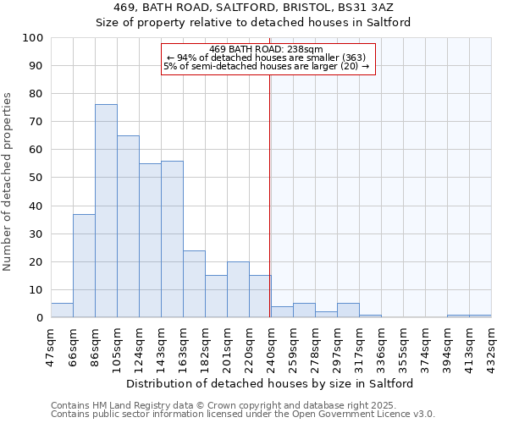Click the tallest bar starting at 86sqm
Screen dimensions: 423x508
pyautogui.click(x=106, y=211)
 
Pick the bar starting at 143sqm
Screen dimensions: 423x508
pyautogui.click(x=172, y=239)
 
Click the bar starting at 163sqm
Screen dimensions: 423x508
pyautogui.click(x=194, y=284)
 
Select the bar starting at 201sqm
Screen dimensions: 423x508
pyautogui.click(x=238, y=290)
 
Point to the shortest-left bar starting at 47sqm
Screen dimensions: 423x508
pyautogui.click(x=62, y=310)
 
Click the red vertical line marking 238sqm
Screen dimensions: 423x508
pyautogui.click(x=269, y=195)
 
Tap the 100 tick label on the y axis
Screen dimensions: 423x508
pyautogui.click(x=33, y=38)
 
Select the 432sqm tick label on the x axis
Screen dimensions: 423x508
pyautogui.click(x=491, y=345)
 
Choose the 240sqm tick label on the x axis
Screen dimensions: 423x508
pyautogui.click(x=271, y=345)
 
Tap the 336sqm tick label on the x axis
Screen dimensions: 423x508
pyautogui.click(x=381, y=345)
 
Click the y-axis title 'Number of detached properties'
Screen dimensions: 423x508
pyautogui.click(x=8, y=182)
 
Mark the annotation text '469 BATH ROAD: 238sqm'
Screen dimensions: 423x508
pyautogui.click(x=265, y=49)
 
